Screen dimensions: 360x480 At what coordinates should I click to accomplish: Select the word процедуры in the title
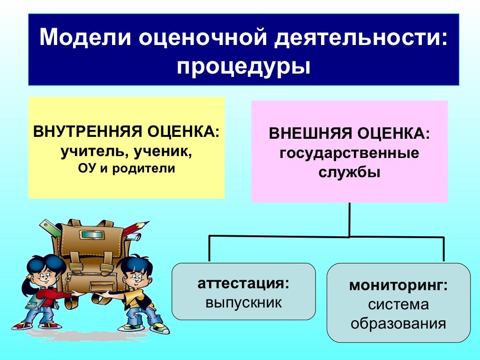[x=243, y=66]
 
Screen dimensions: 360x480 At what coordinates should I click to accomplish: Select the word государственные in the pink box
[x=349, y=153]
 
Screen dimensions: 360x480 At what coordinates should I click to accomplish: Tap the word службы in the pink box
[x=349, y=172]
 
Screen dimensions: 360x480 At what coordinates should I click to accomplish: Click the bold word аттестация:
[x=243, y=284]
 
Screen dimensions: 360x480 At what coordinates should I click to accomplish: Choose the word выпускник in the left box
[x=243, y=302]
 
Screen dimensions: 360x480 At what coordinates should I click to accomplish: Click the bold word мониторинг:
[x=398, y=285]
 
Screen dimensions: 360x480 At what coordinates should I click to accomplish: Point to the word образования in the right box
[x=398, y=323]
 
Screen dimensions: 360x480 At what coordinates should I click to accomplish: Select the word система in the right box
[x=398, y=305]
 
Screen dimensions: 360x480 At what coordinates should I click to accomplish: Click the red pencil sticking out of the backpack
[x=136, y=227]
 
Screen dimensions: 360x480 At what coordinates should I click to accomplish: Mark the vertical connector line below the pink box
[x=349, y=219]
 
